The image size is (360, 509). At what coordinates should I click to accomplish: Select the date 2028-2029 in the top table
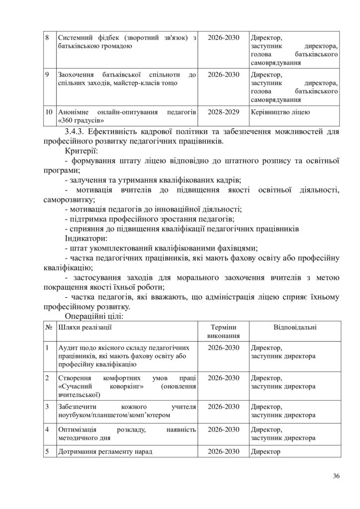(223, 112)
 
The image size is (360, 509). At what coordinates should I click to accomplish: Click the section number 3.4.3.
(77, 131)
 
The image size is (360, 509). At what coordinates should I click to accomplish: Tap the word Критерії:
(82, 151)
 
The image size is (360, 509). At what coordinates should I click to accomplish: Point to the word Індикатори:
(86, 238)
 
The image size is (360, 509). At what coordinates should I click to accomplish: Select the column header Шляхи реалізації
(85, 327)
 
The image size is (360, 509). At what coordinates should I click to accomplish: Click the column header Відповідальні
(295, 327)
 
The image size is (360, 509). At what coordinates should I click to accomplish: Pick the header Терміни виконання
(223, 332)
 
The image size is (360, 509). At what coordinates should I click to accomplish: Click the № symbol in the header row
(50, 327)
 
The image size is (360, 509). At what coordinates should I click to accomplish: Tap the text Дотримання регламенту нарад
(105, 452)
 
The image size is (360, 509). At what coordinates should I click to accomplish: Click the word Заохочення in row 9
(78, 75)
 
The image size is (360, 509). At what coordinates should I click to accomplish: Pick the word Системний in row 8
(76, 38)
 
